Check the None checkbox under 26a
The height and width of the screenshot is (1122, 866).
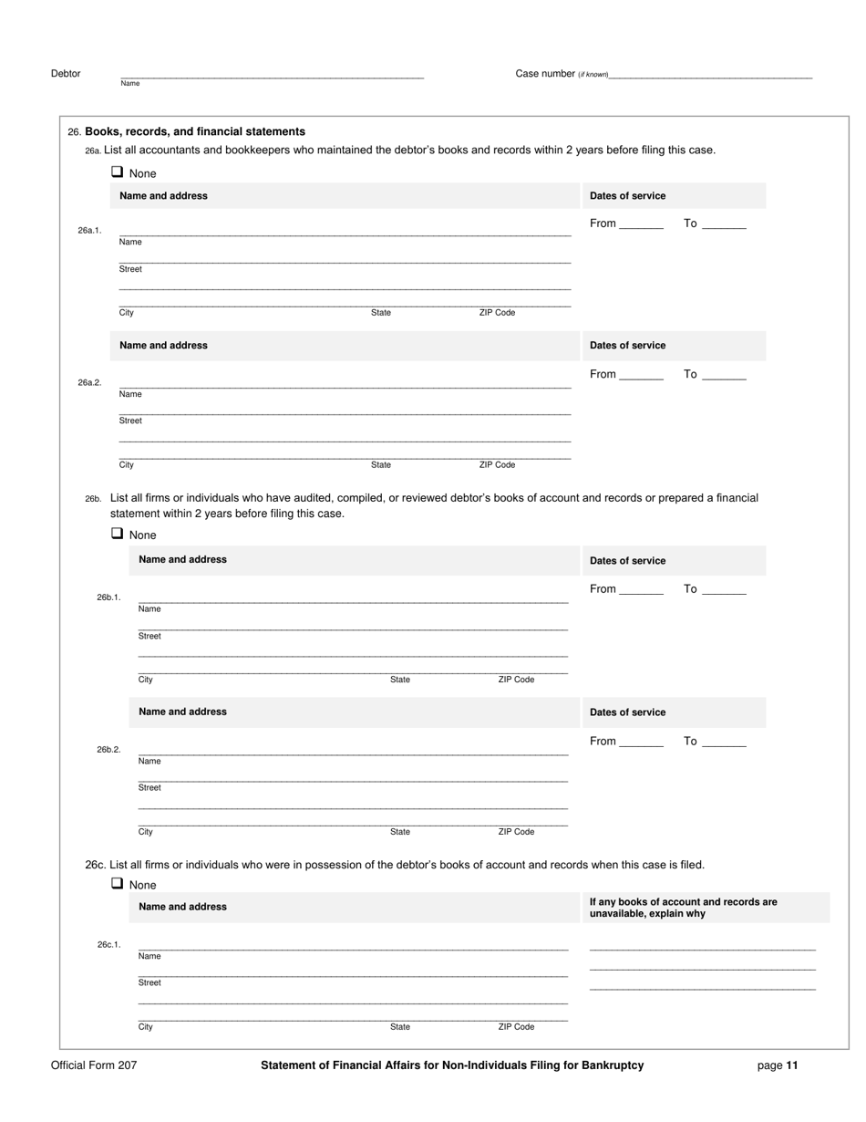tap(117, 171)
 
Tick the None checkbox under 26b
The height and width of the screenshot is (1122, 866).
tap(117, 534)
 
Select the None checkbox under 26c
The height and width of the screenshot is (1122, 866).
tap(117, 883)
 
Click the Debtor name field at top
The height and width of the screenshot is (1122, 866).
tap(272, 72)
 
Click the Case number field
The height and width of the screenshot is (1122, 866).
tap(710, 72)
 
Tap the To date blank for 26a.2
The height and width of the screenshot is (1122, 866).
tap(725, 374)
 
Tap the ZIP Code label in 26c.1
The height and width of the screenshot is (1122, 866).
tap(516, 1027)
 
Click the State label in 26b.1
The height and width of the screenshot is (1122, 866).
tap(400, 680)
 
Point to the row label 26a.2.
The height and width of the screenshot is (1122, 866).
tap(89, 383)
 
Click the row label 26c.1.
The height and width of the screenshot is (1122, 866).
tap(109, 945)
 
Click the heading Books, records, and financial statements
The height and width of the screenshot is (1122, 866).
tap(195, 131)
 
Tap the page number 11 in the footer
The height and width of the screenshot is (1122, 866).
tap(792, 1065)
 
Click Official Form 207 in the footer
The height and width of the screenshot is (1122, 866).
tap(94, 1065)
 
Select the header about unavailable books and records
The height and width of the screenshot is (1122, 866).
tap(684, 908)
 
